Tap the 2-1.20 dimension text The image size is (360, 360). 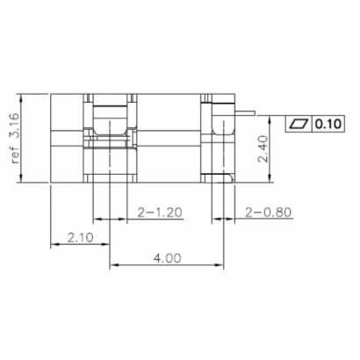(x=160, y=212)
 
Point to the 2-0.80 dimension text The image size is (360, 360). (x=267, y=212)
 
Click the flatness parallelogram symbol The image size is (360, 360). (x=299, y=122)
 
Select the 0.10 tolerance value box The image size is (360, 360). (x=328, y=122)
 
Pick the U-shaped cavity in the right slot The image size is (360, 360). (x=222, y=132)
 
